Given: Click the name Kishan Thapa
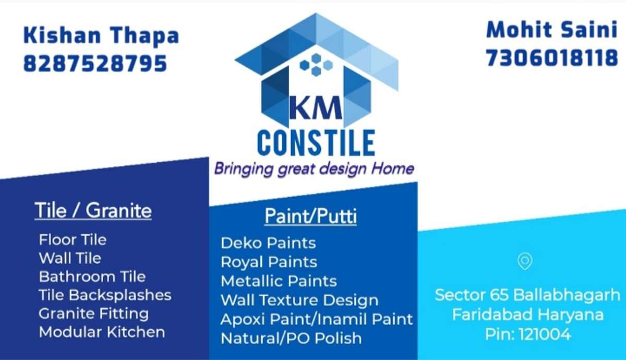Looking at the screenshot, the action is click(101, 35).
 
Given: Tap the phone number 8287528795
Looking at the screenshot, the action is click(95, 64).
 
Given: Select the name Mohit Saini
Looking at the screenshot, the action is click(552, 30).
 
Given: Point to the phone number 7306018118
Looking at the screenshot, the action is click(552, 58).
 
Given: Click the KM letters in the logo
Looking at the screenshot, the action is click(316, 107).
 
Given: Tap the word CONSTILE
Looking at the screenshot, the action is click(316, 143).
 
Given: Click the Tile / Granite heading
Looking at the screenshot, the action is click(93, 210).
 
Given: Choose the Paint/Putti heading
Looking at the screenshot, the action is click(310, 216).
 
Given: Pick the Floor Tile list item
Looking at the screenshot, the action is click(73, 240).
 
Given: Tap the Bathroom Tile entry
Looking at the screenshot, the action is click(92, 277).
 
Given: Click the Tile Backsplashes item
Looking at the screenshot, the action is click(105, 295).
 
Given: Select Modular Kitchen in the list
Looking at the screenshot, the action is click(102, 332).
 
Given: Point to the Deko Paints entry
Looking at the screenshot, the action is click(268, 243).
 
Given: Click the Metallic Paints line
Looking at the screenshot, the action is click(279, 281).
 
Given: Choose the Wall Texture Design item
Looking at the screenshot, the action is click(299, 300).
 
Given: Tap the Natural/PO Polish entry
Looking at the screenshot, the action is click(291, 338).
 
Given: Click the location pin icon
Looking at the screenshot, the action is click(525, 261).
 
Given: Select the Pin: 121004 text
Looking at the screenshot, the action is click(527, 334).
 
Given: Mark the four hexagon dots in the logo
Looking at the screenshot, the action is click(316, 65).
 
